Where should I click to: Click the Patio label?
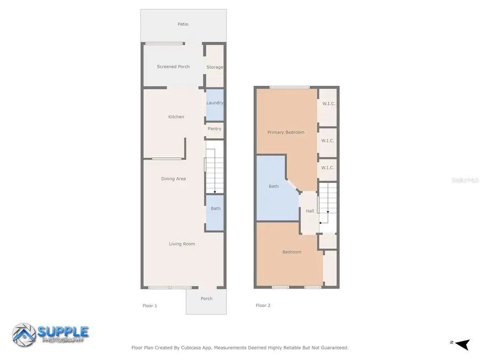click(183, 24)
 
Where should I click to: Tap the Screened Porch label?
click(173, 67)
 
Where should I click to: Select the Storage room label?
click(214, 67)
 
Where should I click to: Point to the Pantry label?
click(214, 129)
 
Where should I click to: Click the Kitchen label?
click(176, 117)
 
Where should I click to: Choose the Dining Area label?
click(173, 179)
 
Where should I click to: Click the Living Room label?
click(182, 244)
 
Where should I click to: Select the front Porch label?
click(206, 299)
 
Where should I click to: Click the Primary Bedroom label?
click(286, 132)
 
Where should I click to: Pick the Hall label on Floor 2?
click(310, 211)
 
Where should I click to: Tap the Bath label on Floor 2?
click(274, 186)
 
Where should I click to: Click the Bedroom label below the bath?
click(292, 252)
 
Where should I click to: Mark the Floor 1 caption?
click(150, 306)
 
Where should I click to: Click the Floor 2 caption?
click(263, 306)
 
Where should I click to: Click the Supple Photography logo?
click(51, 334)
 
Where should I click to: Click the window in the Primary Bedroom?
click(290, 87)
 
